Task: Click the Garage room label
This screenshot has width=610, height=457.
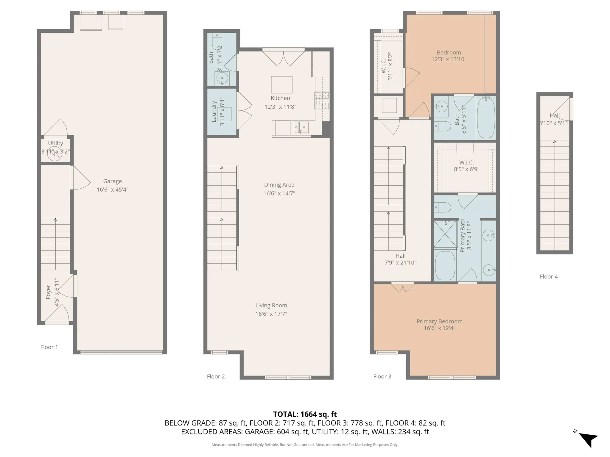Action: point(112,181)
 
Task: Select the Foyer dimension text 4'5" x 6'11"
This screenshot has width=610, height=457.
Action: point(57,292)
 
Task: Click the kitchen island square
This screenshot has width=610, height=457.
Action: point(281,85)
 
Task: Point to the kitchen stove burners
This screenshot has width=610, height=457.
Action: point(321,100)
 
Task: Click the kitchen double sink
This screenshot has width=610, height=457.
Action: point(301,127)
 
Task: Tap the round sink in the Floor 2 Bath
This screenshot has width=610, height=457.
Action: point(222,78)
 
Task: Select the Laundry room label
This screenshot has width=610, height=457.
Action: point(214,112)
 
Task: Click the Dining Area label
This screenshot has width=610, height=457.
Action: point(279,185)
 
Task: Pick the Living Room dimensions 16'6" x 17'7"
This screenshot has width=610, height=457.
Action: point(271,314)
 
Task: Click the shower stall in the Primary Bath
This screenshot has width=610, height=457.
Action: point(445,234)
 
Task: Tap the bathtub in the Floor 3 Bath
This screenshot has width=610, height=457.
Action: point(486,118)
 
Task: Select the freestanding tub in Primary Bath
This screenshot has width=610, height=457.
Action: point(445,265)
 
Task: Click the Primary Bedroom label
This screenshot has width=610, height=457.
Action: point(439,321)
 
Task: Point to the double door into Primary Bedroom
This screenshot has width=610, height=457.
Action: point(403,287)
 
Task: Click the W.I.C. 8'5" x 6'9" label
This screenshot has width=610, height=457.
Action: point(466,166)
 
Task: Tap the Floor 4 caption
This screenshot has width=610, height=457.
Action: point(549,277)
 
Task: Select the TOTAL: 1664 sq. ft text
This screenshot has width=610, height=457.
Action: point(305,414)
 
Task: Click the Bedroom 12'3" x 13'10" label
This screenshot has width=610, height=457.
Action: point(449,56)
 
